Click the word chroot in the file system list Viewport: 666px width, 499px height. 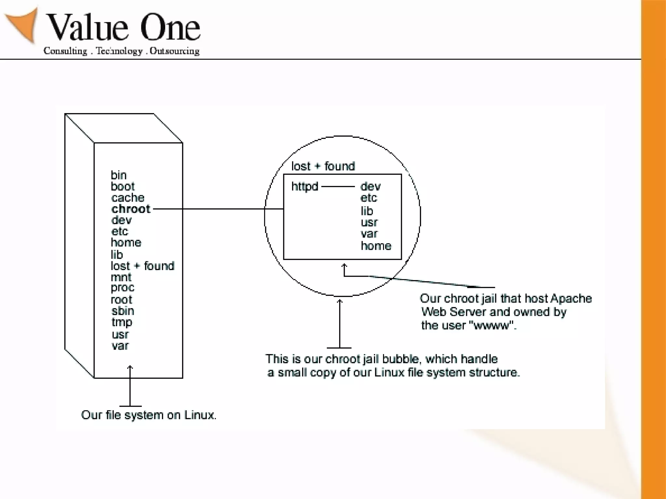[131, 209]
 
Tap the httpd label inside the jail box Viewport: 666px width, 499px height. [305, 186]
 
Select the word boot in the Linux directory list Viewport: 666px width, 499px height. [123, 186]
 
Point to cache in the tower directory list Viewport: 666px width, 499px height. [127, 198]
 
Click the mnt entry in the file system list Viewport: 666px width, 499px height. [121, 277]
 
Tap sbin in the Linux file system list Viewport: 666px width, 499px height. [123, 311]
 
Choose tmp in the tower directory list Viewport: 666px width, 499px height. [122, 322]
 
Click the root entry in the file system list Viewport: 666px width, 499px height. [121, 300]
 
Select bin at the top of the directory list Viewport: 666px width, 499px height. [118, 175]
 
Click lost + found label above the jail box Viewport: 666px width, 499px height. [323, 166]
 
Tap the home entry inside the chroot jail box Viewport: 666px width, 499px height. [376, 246]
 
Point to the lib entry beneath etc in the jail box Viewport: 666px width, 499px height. [367, 211]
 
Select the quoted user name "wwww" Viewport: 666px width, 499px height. [492, 325]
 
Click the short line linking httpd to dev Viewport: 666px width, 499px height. [338, 186]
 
